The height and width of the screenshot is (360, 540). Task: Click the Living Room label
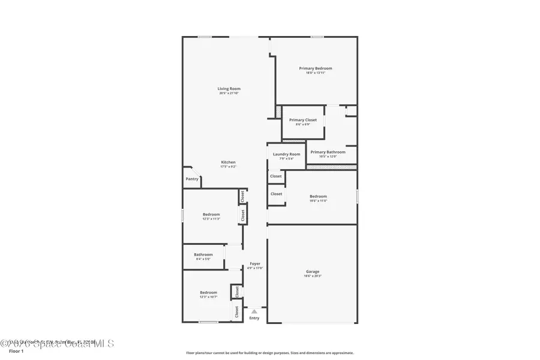tap(229, 89)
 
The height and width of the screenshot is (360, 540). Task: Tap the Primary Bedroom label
tap(315, 68)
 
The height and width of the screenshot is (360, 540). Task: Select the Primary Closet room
tap(303, 122)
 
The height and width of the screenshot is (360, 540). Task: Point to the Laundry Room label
tap(286, 154)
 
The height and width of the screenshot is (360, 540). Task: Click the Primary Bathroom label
tap(328, 152)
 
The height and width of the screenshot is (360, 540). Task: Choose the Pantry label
tap(192, 179)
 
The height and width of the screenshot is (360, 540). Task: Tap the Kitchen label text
tap(228, 162)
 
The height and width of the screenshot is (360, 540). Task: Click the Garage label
tap(313, 271)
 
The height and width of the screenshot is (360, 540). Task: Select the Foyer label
tap(255, 264)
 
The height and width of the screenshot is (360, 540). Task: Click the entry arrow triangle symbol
tap(254, 311)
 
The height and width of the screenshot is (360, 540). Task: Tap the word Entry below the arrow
tap(254, 318)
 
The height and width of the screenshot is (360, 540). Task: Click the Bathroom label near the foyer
tap(203, 254)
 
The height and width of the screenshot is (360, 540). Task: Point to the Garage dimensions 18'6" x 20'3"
tap(313, 276)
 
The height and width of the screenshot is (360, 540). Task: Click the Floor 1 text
tap(16, 351)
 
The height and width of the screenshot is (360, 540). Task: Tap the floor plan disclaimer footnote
tap(270, 353)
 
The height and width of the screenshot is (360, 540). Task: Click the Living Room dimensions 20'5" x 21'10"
tap(229, 94)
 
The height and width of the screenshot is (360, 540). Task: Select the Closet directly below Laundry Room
tap(276, 176)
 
